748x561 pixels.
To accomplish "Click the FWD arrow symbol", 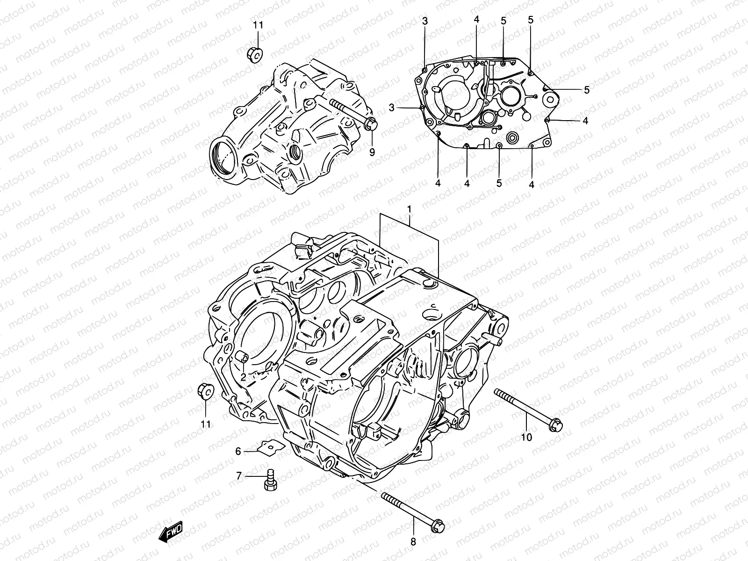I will (171, 532).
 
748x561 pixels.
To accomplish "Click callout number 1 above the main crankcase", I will (409, 209).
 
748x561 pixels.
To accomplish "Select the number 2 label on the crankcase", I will (243, 376).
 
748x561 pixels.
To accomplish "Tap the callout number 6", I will (238, 451).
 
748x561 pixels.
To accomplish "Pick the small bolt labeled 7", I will (270, 480).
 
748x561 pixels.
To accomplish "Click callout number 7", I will (239, 476).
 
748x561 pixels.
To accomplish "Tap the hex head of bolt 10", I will (556, 425).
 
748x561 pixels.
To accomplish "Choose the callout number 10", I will (526, 437).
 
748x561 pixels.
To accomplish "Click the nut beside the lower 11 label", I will (205, 391).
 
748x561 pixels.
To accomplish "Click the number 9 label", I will (372, 152).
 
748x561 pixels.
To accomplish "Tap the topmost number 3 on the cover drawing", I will (424, 21).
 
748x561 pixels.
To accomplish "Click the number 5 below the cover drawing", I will (499, 183).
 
